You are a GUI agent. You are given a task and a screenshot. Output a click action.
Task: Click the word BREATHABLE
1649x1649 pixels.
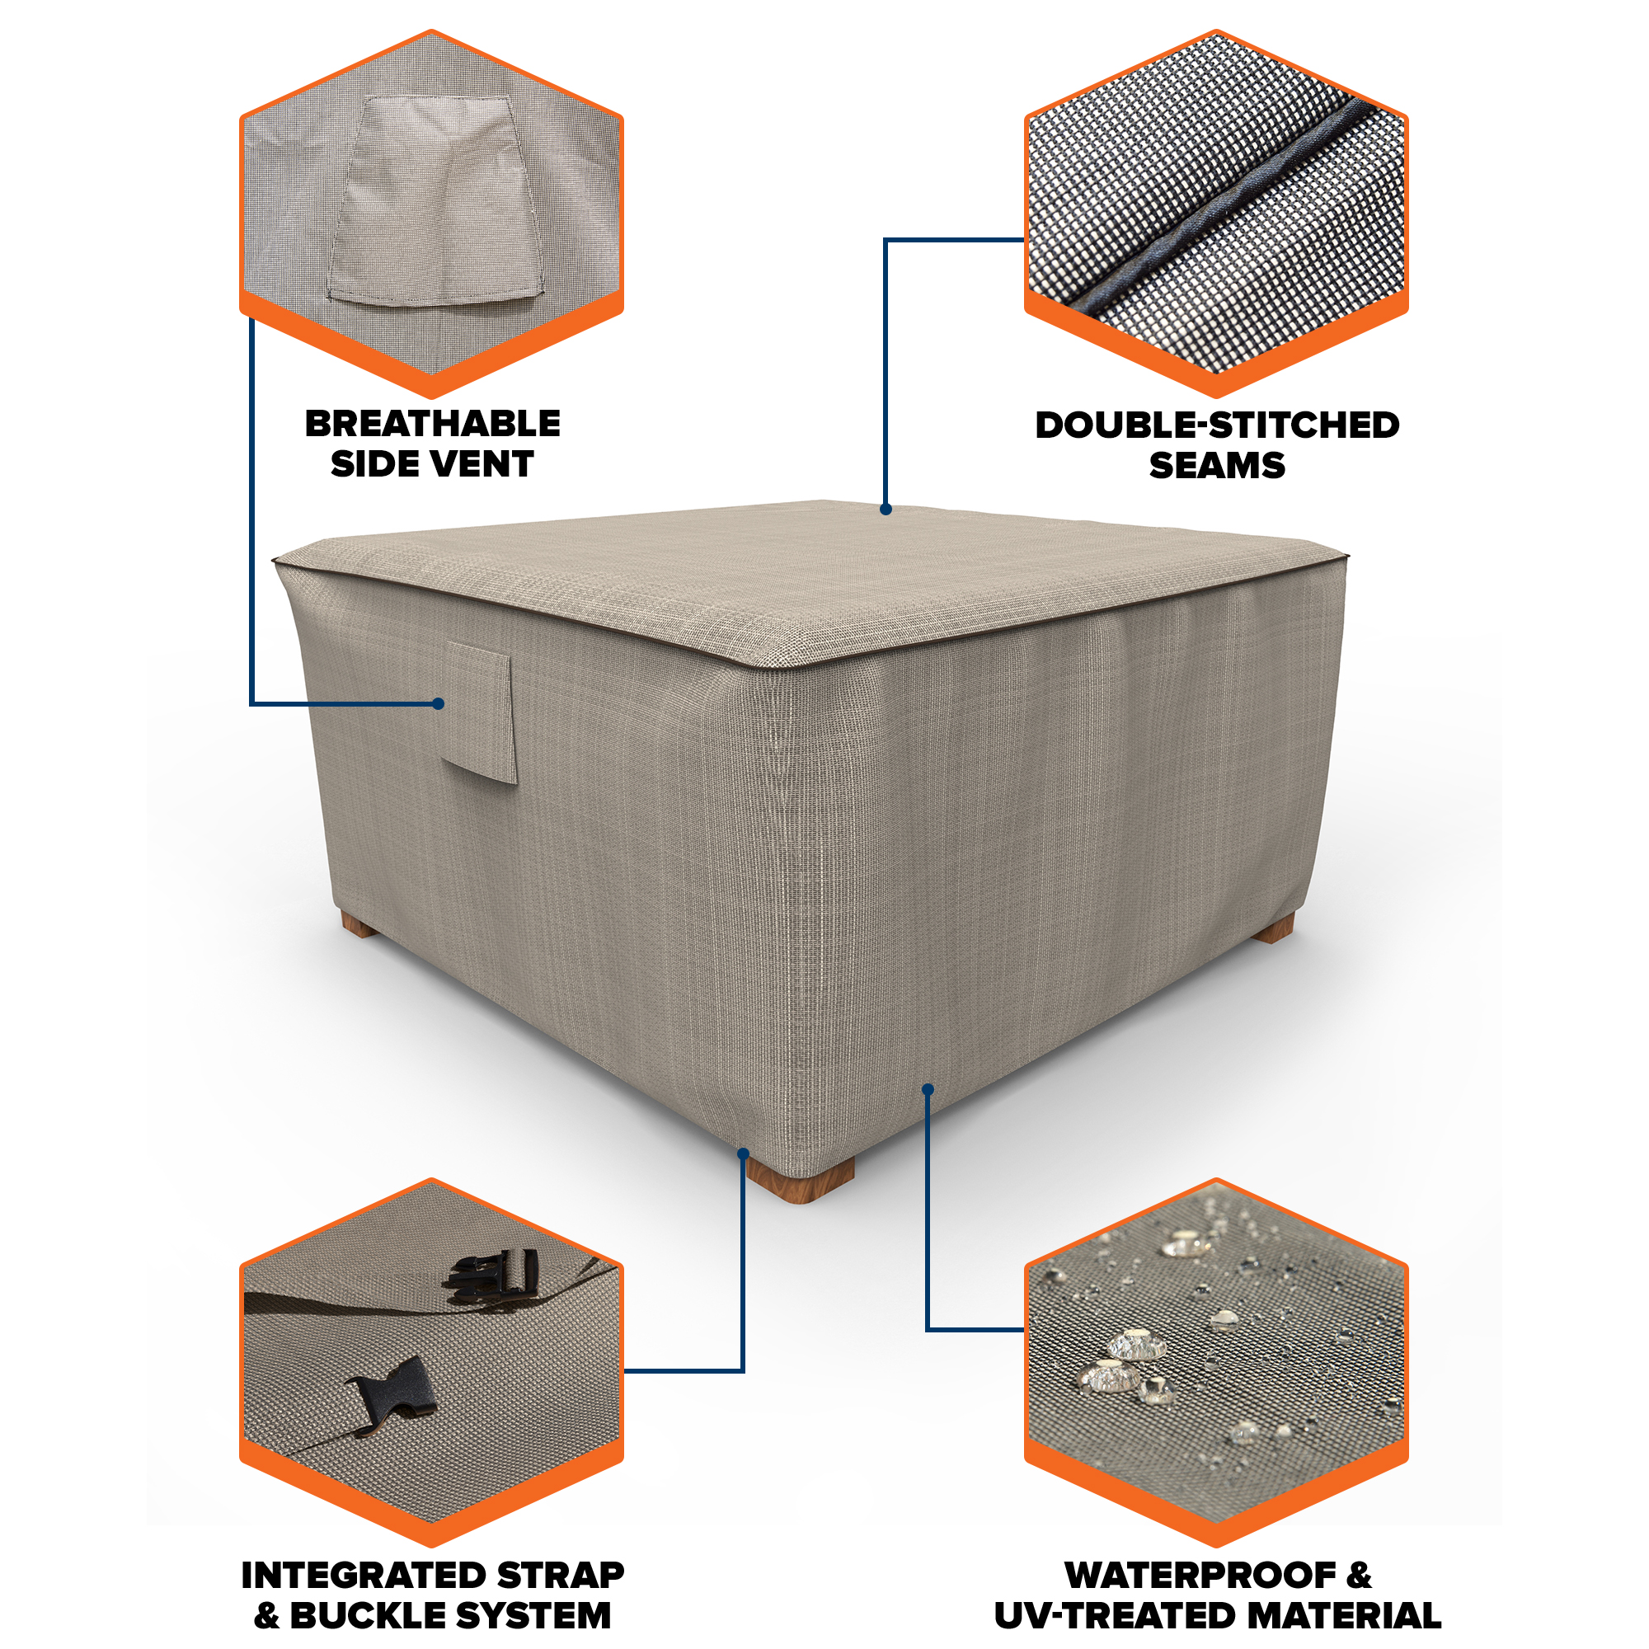coord(433,424)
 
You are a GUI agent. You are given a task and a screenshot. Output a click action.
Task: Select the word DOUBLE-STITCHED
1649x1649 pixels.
coord(1217,425)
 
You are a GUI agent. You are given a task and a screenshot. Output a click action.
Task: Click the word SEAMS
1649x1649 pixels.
coord(1217,466)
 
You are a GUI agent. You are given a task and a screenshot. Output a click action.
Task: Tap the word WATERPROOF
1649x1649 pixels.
coord(1199,1576)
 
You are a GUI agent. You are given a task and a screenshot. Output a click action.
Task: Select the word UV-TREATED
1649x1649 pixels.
coord(1106,1616)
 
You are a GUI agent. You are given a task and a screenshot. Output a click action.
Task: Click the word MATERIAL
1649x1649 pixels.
coord(1334,1616)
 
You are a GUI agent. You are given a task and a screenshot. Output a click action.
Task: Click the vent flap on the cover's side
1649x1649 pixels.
coord(479,712)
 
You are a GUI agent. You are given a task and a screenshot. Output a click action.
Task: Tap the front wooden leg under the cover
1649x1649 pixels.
coord(800,1180)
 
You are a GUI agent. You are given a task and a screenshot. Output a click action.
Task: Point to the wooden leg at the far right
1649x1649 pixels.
coord(1275,928)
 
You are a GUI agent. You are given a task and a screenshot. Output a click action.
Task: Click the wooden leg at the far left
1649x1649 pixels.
coord(359,923)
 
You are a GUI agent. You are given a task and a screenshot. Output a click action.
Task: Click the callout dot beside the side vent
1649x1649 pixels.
coord(438,704)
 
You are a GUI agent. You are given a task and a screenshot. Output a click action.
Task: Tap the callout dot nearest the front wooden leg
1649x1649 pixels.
coord(743,1154)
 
